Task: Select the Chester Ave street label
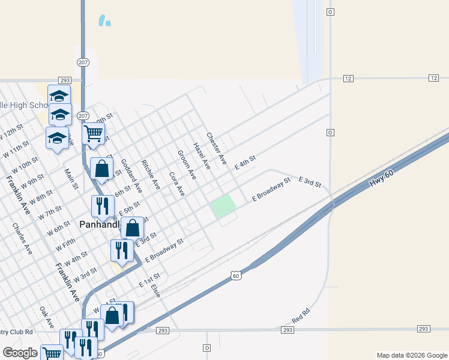point(216,149)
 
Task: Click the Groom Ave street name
point(187,165)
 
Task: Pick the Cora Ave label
point(176,185)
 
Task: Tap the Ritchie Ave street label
point(151,175)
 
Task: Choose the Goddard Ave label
point(131,175)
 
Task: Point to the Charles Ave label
point(22,239)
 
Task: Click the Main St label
point(71,179)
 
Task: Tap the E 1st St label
point(149,280)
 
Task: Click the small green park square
point(223,206)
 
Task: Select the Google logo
point(20,353)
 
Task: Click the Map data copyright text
point(411,355)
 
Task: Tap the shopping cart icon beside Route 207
point(94,133)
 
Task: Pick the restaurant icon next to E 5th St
point(103,206)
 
